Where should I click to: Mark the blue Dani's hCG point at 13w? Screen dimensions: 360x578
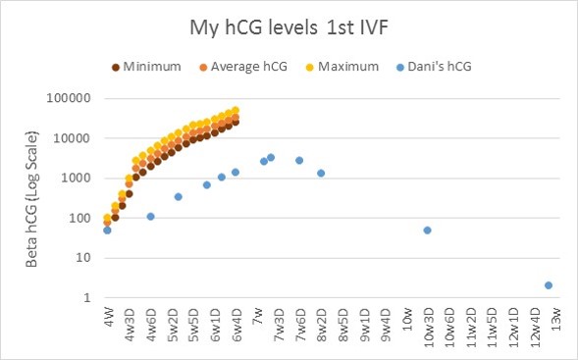click(x=549, y=285)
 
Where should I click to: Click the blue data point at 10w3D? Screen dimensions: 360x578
click(x=428, y=230)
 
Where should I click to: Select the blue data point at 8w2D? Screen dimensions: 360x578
click(x=321, y=174)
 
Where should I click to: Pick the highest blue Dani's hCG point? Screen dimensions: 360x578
click(x=271, y=157)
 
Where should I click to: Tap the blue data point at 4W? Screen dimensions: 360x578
click(x=107, y=230)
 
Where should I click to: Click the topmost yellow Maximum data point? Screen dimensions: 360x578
click(x=236, y=111)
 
